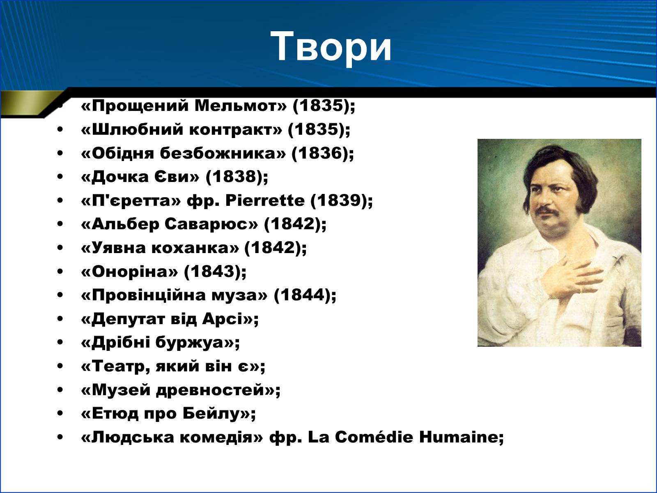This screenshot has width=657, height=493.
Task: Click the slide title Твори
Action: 331,47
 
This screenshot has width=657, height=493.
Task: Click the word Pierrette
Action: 265,200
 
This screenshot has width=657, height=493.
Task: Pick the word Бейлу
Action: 212,414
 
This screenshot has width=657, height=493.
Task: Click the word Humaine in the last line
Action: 459,437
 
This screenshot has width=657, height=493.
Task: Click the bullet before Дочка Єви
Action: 60,177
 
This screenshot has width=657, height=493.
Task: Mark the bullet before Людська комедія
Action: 60,437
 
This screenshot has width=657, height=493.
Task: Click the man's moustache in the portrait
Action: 547,210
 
